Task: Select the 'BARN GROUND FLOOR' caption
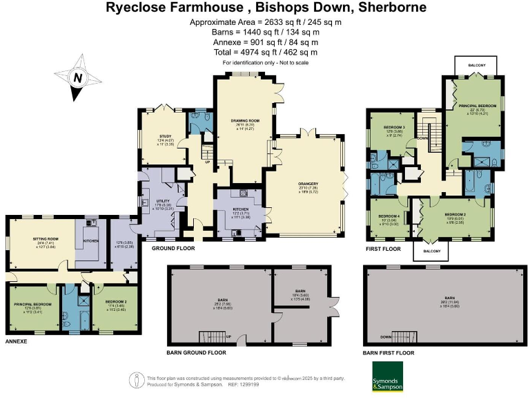196,352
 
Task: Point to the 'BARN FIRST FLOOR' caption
390,352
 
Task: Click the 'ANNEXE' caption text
16,342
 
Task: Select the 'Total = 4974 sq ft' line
265,52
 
